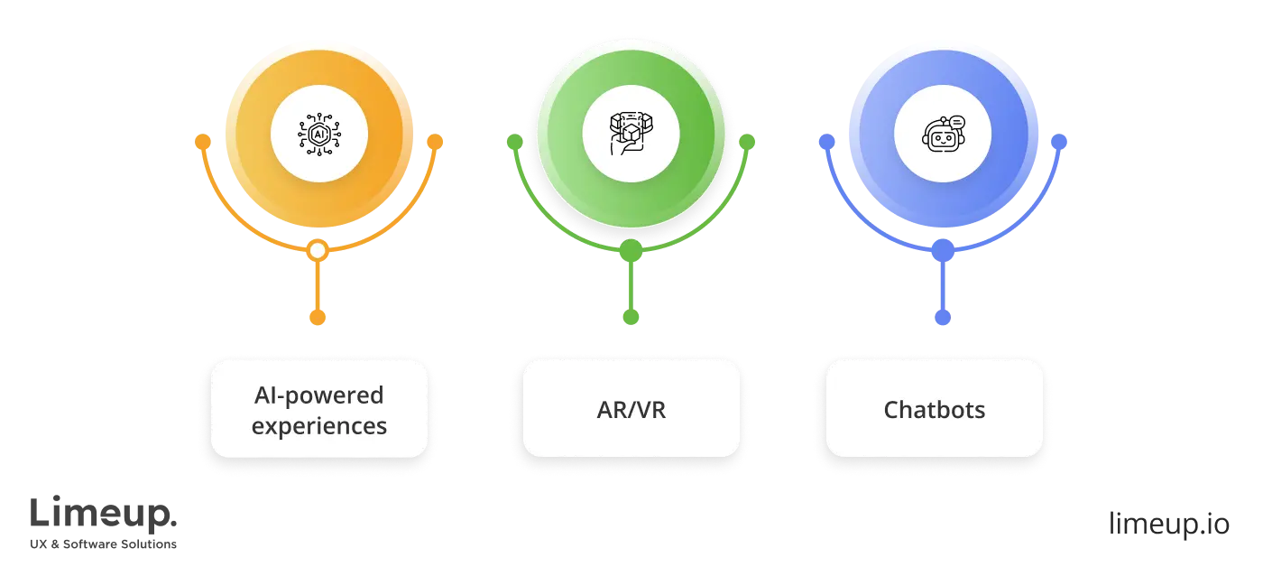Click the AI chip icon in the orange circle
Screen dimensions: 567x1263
point(318,135)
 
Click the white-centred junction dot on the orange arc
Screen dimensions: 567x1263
point(317,251)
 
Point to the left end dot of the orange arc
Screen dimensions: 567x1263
point(203,142)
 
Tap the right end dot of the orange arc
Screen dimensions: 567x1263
point(435,142)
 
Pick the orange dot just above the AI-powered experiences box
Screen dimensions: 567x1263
point(317,317)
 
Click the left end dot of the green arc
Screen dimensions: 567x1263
point(514,142)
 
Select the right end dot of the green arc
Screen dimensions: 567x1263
point(747,142)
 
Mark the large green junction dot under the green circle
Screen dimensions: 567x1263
point(631,252)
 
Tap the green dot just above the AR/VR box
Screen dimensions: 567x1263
point(631,316)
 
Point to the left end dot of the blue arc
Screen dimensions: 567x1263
point(825,142)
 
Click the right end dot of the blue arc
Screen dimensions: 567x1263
point(1059,142)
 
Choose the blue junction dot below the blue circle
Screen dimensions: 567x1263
point(943,252)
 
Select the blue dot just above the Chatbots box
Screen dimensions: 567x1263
point(943,317)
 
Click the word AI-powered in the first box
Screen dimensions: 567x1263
point(318,395)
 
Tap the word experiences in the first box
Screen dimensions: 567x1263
point(318,425)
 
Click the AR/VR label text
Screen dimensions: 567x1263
point(631,410)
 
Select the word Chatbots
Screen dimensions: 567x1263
point(935,410)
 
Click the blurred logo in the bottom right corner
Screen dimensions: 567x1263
point(1167,522)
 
